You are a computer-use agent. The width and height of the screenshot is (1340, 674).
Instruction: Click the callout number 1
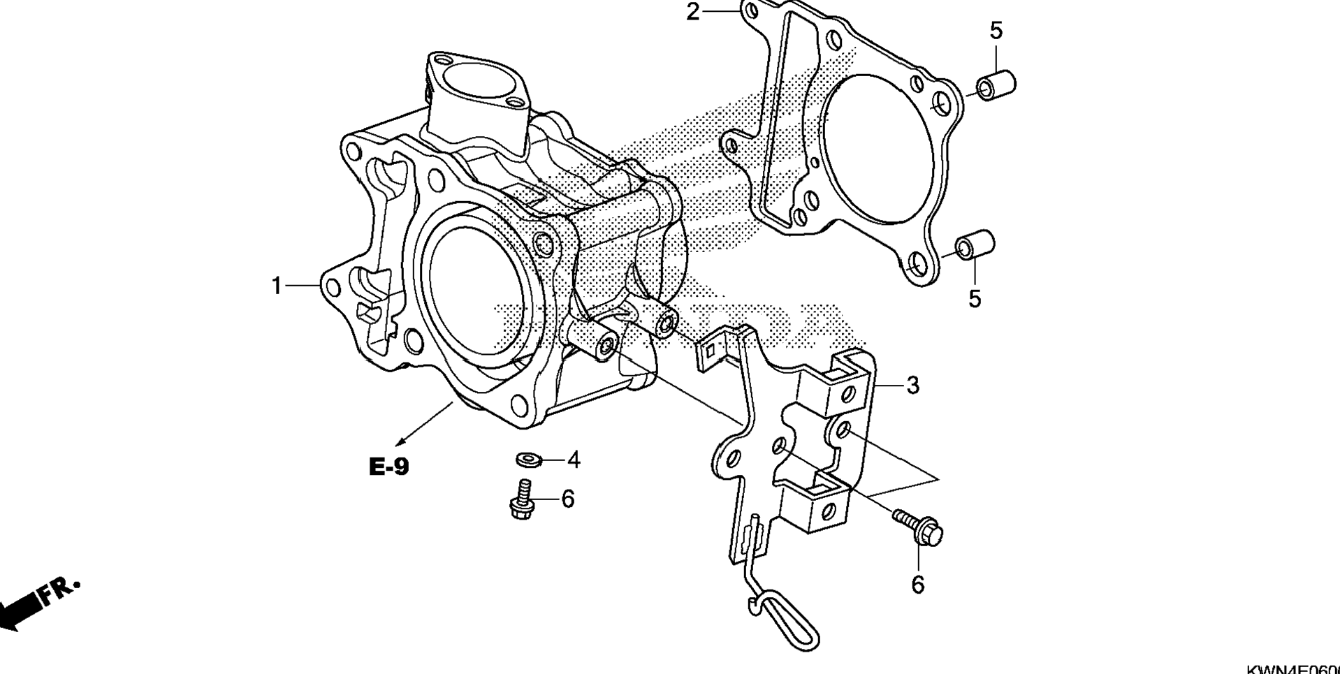pyautogui.click(x=277, y=286)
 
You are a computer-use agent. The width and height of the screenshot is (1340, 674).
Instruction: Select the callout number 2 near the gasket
pyautogui.click(x=692, y=12)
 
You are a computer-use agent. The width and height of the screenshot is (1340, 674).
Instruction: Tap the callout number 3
pyautogui.click(x=912, y=385)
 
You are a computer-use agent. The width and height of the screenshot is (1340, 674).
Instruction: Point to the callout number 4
pyautogui.click(x=574, y=460)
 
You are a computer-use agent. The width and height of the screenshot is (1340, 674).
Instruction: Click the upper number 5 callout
pyautogui.click(x=996, y=31)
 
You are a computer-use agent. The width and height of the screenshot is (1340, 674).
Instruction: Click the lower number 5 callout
pyautogui.click(x=975, y=299)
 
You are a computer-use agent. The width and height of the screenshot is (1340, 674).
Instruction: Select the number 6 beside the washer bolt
pyautogui.click(x=567, y=499)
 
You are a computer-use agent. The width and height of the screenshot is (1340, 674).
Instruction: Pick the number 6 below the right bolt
pyautogui.click(x=917, y=585)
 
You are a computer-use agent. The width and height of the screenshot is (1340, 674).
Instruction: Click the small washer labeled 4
pyautogui.click(x=527, y=460)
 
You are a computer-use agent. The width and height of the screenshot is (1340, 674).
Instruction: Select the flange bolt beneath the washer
pyautogui.click(x=521, y=501)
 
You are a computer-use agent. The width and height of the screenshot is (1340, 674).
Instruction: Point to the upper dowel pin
pyautogui.click(x=996, y=85)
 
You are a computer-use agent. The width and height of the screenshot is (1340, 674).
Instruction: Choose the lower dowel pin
pyautogui.click(x=975, y=245)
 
